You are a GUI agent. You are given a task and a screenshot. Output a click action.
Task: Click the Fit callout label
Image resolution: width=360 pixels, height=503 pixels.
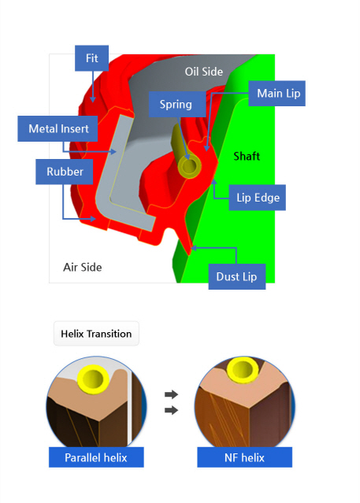click(92, 58)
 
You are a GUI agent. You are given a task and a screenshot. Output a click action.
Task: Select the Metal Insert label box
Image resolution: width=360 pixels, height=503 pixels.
click(58, 128)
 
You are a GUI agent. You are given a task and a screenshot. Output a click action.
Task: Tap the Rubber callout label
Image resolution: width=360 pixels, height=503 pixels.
click(65, 172)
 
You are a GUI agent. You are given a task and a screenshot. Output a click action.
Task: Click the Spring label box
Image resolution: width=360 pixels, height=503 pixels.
click(177, 104)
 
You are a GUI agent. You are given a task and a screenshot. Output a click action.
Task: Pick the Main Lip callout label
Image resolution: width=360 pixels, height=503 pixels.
click(276, 94)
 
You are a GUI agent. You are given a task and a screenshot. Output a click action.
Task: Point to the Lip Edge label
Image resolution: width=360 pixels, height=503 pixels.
click(258, 198)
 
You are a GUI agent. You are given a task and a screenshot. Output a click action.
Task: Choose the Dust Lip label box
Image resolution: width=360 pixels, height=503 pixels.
click(237, 276)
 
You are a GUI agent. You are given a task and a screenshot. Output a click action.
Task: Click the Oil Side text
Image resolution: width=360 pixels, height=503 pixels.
click(203, 72)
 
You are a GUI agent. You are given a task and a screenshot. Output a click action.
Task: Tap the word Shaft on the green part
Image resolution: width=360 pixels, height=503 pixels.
click(247, 156)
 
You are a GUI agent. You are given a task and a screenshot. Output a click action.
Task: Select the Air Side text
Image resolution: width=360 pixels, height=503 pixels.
click(83, 267)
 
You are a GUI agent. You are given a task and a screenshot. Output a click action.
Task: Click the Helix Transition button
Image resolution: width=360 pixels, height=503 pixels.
click(96, 334)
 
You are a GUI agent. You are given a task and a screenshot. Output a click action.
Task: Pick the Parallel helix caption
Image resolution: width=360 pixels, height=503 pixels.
click(96, 457)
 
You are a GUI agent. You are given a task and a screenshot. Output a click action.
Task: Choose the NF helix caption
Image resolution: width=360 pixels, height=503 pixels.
click(245, 457)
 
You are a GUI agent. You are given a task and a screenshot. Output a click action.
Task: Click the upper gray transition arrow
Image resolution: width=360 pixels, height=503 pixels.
click(171, 394)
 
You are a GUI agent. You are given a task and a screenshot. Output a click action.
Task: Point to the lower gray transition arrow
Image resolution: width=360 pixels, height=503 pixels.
click(171, 410)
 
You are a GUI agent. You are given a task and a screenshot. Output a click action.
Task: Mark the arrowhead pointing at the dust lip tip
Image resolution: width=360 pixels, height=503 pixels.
click(194, 248)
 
